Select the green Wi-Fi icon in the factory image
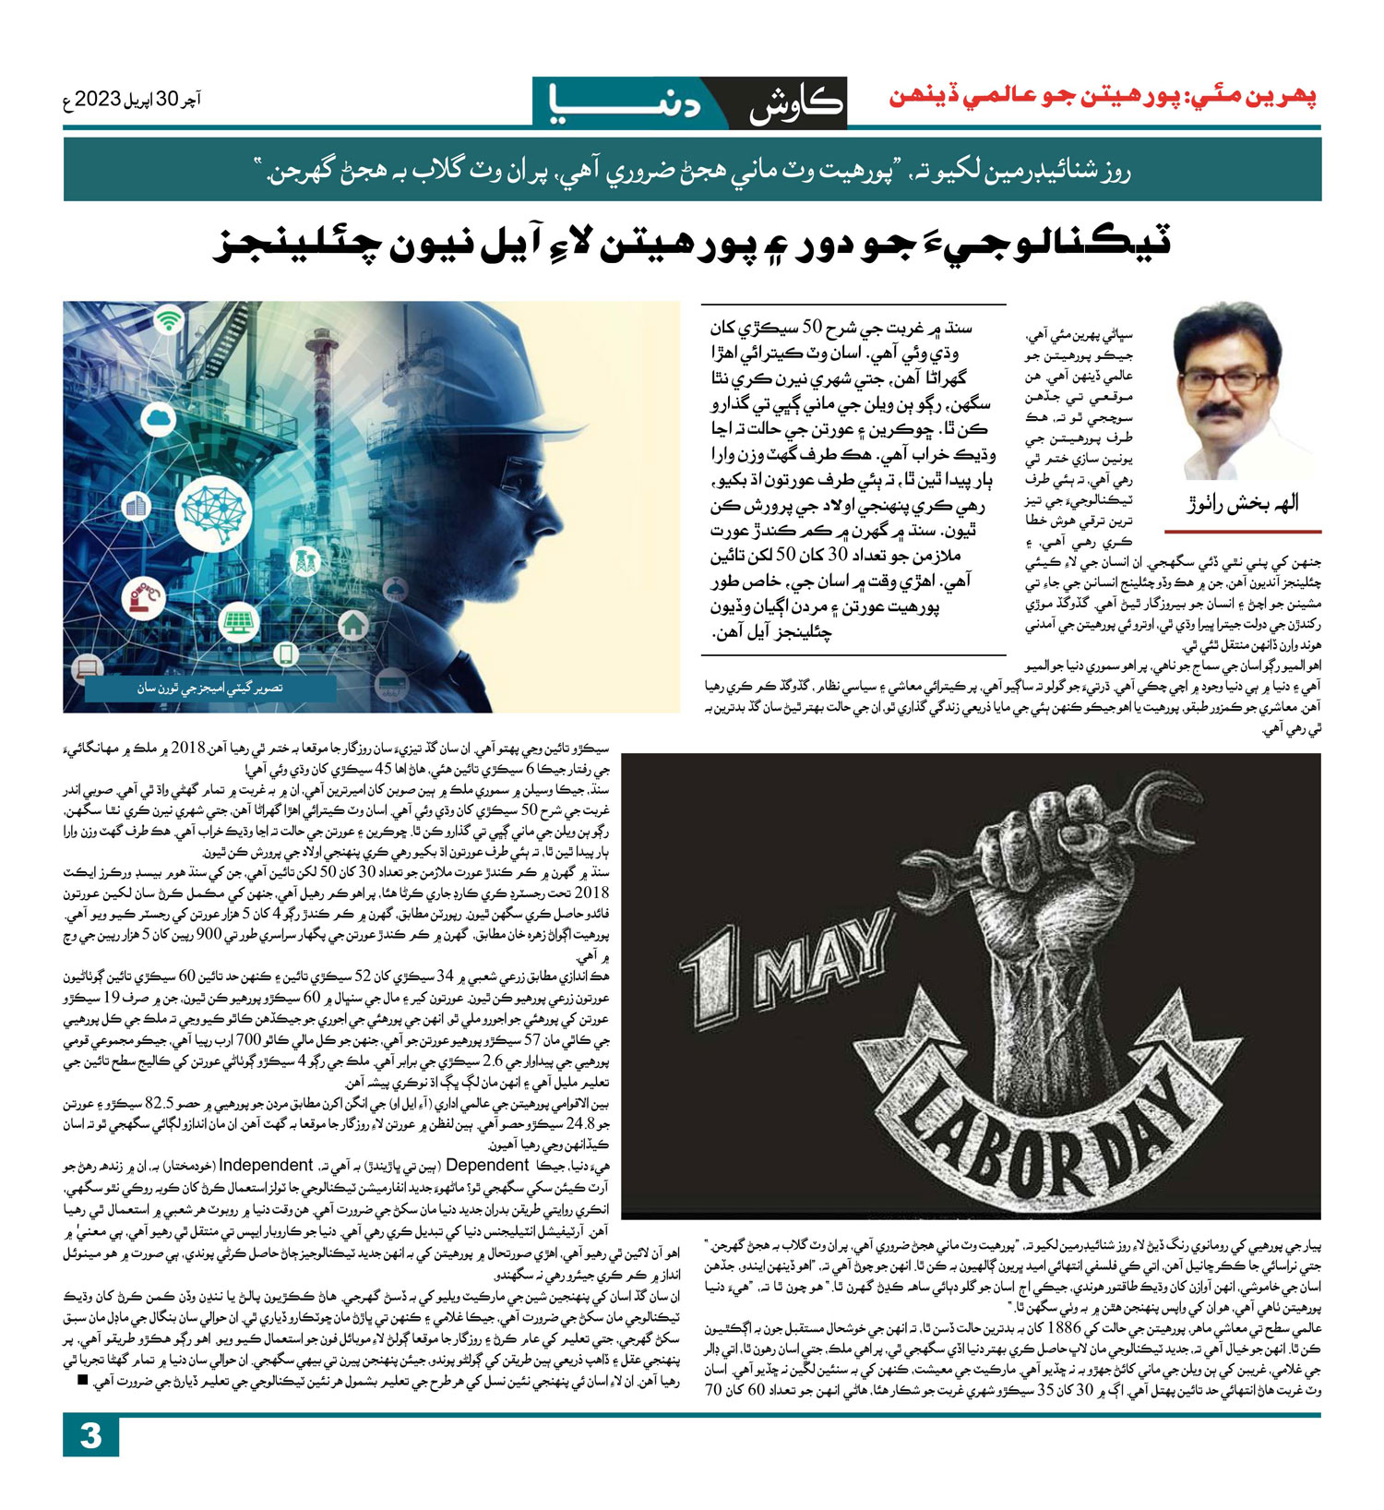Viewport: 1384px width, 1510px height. pyautogui.click(x=167, y=321)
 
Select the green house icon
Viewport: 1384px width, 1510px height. pyautogui.click(x=352, y=626)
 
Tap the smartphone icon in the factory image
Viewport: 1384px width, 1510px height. pyautogui.click(x=286, y=655)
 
